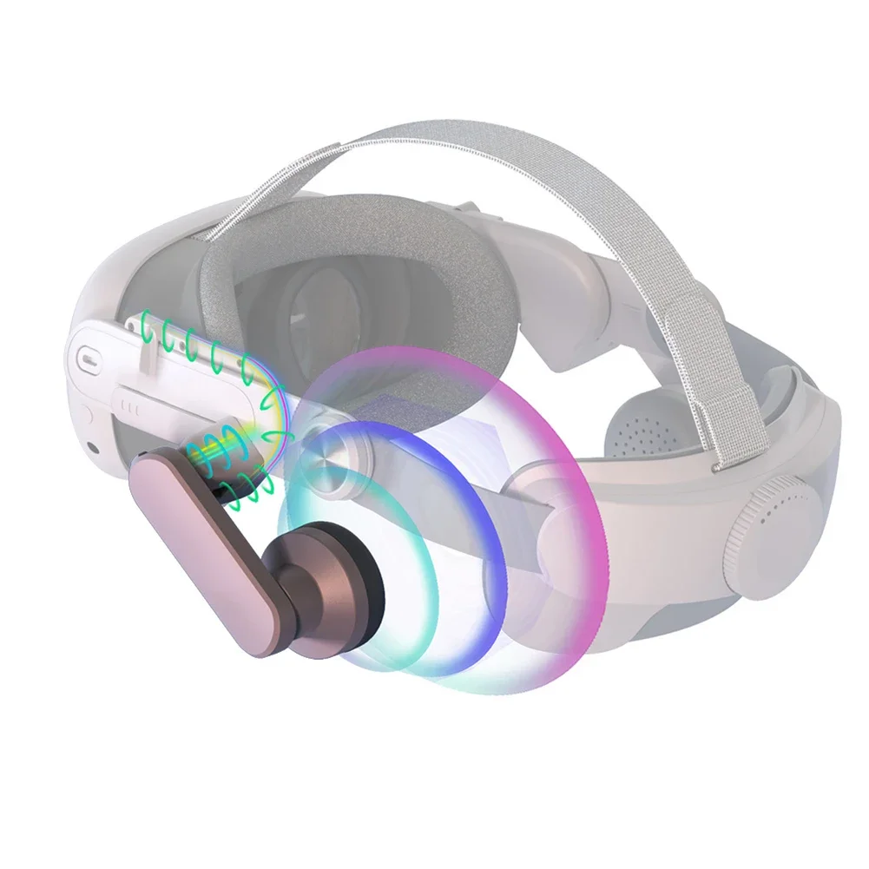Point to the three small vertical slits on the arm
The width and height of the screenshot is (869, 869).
tap(128, 405)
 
